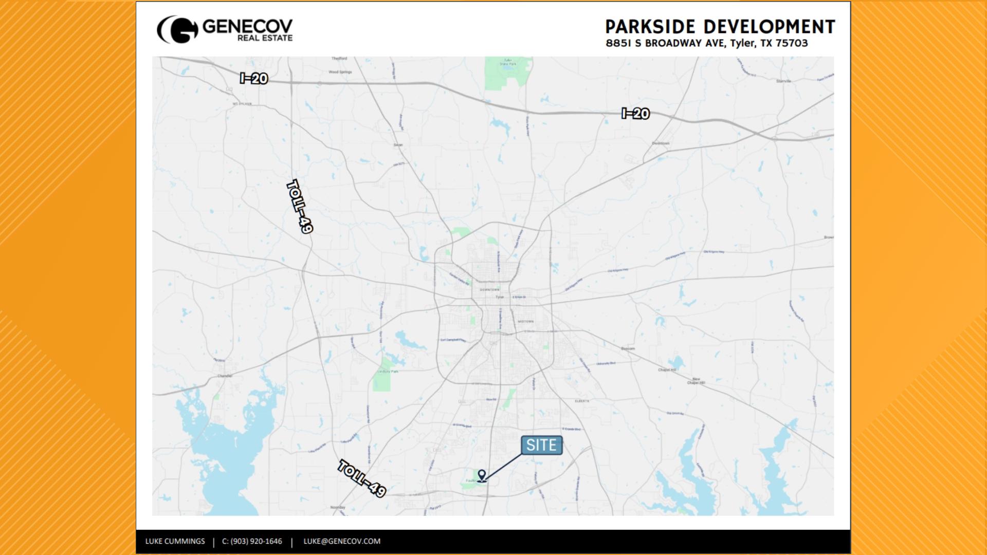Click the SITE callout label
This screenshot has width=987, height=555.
pos(541,445)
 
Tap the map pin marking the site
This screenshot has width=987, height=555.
pos(482,475)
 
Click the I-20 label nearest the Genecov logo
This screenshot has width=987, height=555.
pos(254,79)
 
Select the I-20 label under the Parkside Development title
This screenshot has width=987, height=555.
pos(635,114)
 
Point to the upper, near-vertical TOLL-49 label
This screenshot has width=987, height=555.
pos(299,207)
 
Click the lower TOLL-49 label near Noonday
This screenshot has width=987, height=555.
pos(362,479)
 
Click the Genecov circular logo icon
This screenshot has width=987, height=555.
pos(178,30)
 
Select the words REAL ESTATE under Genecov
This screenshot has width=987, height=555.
pos(265,38)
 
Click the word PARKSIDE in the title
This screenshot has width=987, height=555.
pos(650,27)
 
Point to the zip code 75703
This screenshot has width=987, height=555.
pos(792,43)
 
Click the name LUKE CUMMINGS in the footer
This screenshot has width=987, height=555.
pos(175,541)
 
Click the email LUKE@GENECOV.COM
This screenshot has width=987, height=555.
pos(342,541)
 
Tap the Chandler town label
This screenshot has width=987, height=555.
pos(225,376)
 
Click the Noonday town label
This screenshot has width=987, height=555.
pos(338,507)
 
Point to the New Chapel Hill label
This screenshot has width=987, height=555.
pos(697,381)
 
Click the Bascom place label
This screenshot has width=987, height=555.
pos(628,348)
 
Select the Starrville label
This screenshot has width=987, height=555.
pos(783,81)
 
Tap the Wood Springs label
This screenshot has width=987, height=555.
pos(340,72)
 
